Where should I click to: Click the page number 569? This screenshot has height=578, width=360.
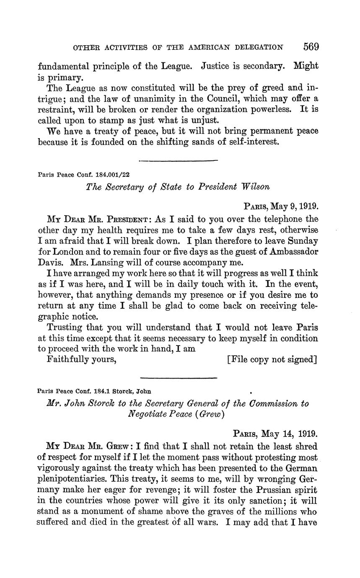point(310,46)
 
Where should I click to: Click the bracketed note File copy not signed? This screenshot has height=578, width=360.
point(272,359)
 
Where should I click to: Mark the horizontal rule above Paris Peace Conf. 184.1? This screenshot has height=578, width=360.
point(178,378)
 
